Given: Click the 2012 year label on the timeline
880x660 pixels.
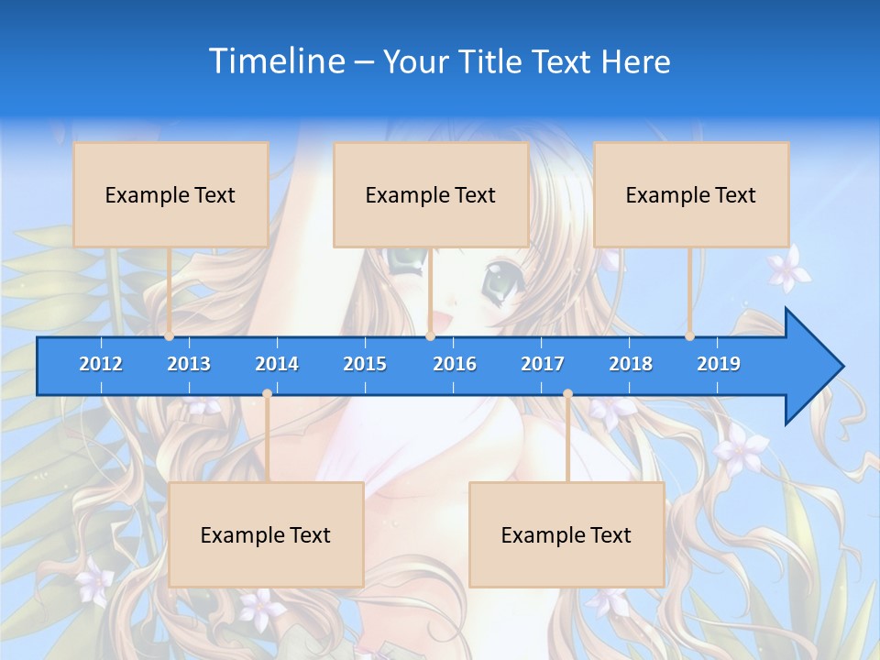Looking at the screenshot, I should click(101, 364).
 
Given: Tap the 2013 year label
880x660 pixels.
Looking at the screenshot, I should click(189, 364).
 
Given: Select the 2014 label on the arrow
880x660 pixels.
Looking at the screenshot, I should click(277, 364).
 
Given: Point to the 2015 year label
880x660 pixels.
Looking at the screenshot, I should click(365, 364).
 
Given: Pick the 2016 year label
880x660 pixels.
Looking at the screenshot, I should click(455, 364).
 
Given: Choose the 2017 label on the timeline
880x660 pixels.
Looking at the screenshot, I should click(543, 364).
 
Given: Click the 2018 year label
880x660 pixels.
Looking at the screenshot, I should click(631, 364).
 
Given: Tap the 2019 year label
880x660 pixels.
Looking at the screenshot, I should click(719, 364).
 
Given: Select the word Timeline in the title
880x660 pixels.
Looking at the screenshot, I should click(275, 61).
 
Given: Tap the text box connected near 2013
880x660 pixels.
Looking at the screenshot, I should click(170, 194).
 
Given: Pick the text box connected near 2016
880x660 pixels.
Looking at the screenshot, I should click(431, 194).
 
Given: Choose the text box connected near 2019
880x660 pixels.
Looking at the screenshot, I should click(691, 194).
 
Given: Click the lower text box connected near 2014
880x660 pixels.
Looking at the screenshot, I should click(266, 534).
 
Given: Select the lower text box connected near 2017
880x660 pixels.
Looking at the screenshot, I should click(566, 534).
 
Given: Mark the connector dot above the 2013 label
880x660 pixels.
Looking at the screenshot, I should click(170, 336).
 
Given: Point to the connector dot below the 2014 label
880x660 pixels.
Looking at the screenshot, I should click(267, 393).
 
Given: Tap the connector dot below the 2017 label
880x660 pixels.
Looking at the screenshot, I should click(567, 393).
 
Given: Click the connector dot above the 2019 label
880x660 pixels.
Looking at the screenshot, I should click(690, 336).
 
